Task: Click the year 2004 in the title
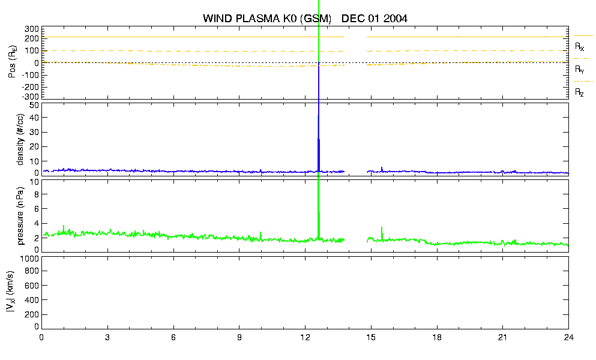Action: click(x=396, y=19)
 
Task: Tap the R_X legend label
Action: click(x=579, y=47)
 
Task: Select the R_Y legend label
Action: click(x=579, y=70)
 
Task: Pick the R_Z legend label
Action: click(x=579, y=92)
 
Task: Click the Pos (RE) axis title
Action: click(x=13, y=62)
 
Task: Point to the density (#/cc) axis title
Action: click(x=20, y=140)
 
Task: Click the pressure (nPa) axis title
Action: click(x=20, y=216)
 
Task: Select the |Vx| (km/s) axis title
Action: click(x=10, y=292)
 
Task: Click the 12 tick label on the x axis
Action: click(x=305, y=338)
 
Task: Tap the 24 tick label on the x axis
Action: click(x=568, y=338)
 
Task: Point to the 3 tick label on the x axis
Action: click(x=107, y=338)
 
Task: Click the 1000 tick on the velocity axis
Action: click(x=29, y=259)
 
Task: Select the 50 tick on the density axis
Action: click(x=34, y=106)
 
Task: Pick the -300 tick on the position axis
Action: click(x=32, y=97)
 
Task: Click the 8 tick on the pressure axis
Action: click(x=37, y=194)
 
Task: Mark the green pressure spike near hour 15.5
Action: click(x=382, y=233)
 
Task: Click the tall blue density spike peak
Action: click(x=318, y=116)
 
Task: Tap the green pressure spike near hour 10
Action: click(x=260, y=236)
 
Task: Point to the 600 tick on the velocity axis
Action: click(x=32, y=286)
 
